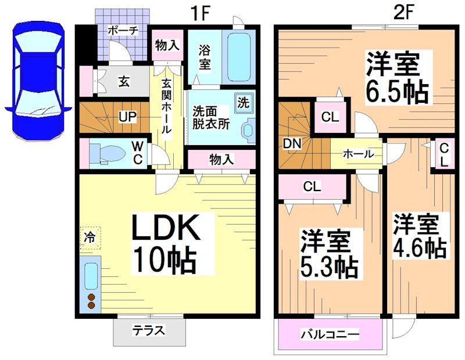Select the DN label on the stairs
(291, 143)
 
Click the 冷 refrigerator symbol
(90, 237)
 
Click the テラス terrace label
(149, 331)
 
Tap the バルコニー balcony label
(330, 335)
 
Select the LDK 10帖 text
(164, 244)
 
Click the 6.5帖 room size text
(397, 78)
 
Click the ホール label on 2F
(359, 154)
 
